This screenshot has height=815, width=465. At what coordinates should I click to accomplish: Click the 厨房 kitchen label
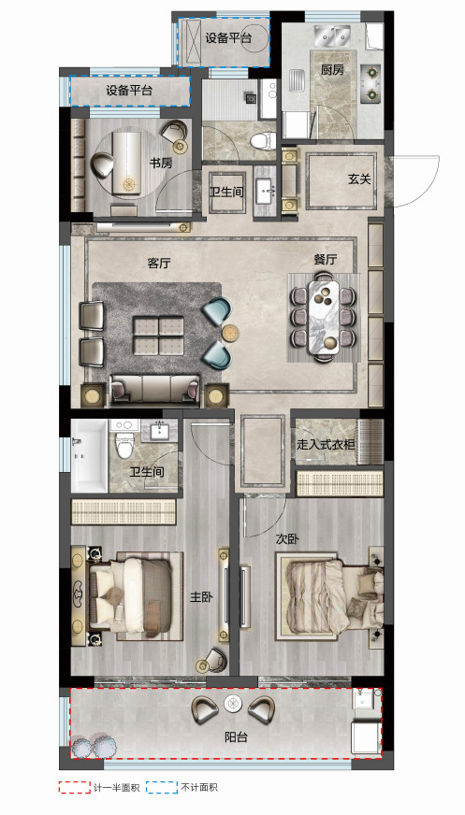[332, 70]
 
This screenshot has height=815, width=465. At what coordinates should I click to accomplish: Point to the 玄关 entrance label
[359, 179]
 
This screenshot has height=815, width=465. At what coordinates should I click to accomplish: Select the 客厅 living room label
[159, 263]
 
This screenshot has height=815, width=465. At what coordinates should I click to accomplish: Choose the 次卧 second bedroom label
[287, 539]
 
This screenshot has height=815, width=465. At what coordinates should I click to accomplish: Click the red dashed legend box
[74, 788]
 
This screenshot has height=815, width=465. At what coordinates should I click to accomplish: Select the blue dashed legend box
[161, 788]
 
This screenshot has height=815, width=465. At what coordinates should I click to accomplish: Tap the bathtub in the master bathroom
[90, 456]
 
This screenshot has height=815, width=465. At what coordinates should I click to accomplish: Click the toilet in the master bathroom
[124, 439]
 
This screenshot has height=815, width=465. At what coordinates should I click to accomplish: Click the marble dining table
[324, 318]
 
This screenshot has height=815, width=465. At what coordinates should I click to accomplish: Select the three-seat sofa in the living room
[155, 390]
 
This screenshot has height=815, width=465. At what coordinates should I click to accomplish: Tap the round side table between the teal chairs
[231, 333]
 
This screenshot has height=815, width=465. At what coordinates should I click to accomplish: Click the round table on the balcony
[233, 704]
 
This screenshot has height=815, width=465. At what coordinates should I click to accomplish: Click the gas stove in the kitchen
[371, 82]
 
